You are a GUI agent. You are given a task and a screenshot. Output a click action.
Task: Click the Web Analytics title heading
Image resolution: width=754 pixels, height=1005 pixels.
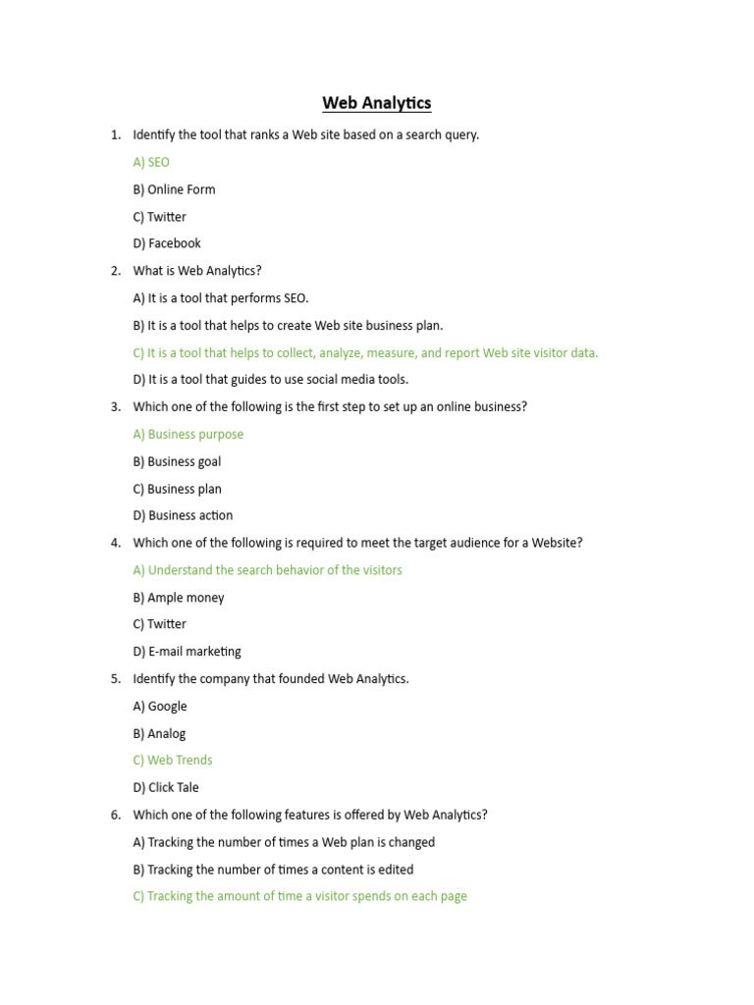tap(377, 103)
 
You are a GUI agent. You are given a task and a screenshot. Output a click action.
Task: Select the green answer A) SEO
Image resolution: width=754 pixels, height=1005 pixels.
tap(151, 162)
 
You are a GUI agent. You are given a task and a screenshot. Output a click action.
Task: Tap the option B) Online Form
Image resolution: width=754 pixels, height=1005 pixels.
tap(174, 189)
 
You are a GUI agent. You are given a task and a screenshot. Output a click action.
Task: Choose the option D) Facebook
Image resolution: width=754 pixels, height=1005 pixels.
tap(167, 243)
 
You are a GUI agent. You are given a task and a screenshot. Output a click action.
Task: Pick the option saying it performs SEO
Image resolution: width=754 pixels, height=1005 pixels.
tap(221, 298)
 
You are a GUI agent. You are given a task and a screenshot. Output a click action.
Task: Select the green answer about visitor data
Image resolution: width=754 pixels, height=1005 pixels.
tap(365, 352)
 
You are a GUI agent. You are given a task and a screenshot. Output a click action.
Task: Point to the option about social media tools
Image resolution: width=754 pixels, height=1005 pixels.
tap(270, 380)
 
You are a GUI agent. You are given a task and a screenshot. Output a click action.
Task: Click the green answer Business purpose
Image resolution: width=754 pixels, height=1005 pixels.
tap(188, 434)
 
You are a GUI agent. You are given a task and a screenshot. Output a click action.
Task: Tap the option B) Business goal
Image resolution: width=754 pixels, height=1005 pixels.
tap(177, 461)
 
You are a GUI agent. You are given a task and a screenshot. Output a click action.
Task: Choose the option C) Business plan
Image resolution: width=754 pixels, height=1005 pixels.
tap(177, 489)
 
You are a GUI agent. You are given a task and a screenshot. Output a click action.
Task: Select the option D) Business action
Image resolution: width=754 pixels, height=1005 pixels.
tap(183, 515)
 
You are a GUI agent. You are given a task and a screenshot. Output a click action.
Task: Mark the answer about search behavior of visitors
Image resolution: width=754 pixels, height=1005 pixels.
tap(267, 570)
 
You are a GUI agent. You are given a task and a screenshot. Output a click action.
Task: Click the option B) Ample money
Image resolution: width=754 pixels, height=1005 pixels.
tap(179, 598)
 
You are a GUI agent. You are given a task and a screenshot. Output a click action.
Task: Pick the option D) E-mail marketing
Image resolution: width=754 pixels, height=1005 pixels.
tap(187, 652)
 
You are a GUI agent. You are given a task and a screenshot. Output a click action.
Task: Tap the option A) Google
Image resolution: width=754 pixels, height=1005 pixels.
tap(160, 706)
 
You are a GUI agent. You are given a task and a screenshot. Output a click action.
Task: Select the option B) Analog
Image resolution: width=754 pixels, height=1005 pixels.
tap(159, 733)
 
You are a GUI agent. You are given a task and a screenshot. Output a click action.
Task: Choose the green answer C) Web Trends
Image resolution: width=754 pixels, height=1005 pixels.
tap(173, 760)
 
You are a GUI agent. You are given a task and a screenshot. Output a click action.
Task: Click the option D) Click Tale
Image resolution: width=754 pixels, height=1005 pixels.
tap(166, 787)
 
